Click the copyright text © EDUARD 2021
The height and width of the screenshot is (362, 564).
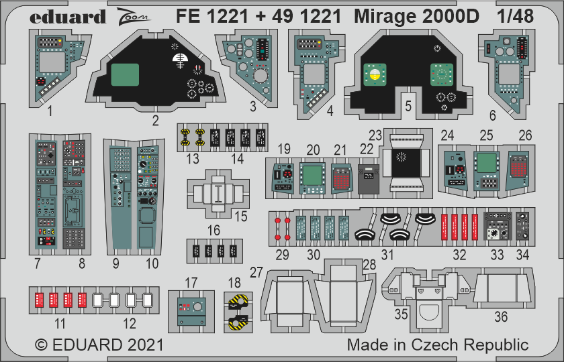click(x=99, y=345)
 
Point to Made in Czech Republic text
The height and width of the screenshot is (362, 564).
click(x=438, y=345)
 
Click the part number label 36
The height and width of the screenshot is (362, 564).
click(x=501, y=317)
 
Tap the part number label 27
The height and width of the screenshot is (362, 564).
click(x=255, y=271)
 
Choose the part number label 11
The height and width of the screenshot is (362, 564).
click(x=60, y=324)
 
